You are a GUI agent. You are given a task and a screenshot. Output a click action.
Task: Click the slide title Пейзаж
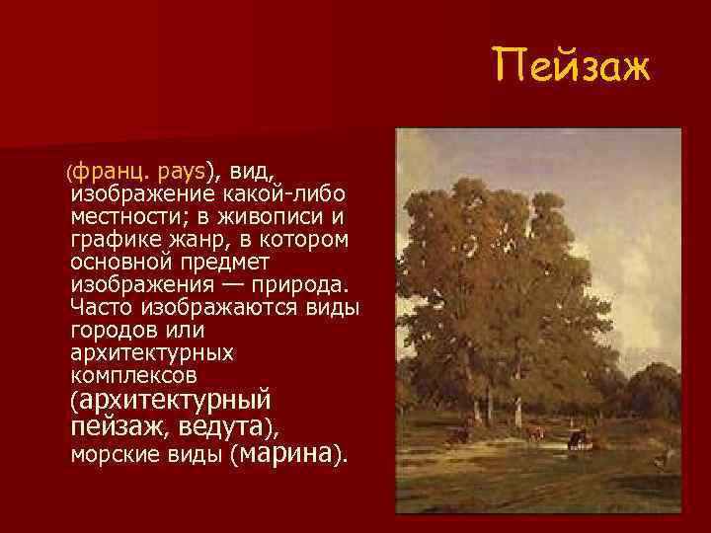tap(573, 68)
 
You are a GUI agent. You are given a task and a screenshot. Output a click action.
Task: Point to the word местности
tap(129, 216)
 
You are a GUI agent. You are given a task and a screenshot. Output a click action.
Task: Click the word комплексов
tap(134, 376)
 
